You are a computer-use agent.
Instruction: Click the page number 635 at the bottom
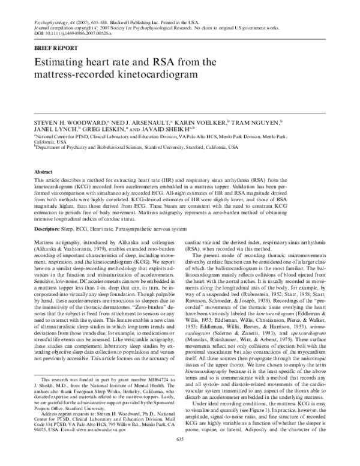pos(179,456)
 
